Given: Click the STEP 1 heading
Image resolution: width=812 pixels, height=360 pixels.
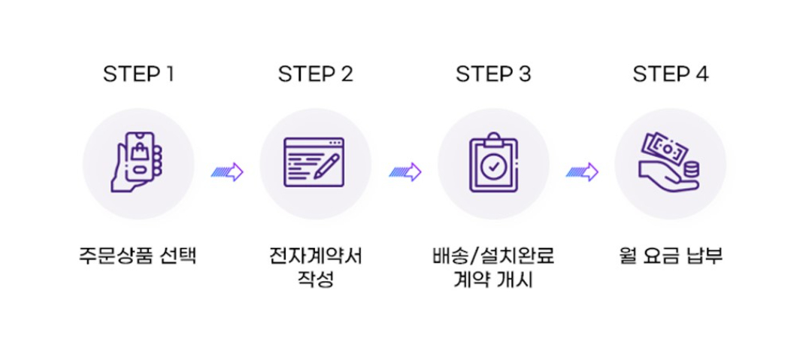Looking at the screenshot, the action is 139,74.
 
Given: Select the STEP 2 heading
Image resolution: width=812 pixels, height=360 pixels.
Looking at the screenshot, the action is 316,74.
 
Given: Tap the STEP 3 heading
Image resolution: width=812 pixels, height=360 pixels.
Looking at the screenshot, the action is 493,74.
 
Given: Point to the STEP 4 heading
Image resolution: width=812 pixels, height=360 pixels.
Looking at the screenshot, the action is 671,74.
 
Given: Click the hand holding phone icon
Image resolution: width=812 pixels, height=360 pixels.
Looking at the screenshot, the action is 138,164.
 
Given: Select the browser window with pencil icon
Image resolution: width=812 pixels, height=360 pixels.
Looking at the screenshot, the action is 315,164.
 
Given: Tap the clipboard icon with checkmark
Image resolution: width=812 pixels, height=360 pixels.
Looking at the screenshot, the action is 493,164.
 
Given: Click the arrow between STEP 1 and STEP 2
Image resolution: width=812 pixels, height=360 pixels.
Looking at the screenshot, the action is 227,172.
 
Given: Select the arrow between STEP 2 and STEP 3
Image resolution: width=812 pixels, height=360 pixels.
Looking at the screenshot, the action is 404,172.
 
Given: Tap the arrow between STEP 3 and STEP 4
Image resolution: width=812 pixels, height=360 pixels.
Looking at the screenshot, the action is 582,172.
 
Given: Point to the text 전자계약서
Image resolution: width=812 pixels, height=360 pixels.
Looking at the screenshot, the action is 316,256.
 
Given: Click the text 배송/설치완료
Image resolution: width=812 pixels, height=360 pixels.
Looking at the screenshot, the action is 493,256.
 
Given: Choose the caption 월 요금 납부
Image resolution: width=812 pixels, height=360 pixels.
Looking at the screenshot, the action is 671,256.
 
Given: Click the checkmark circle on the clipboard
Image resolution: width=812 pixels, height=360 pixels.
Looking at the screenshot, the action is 493,168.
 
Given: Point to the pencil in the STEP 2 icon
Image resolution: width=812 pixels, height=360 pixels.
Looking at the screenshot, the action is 328,165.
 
